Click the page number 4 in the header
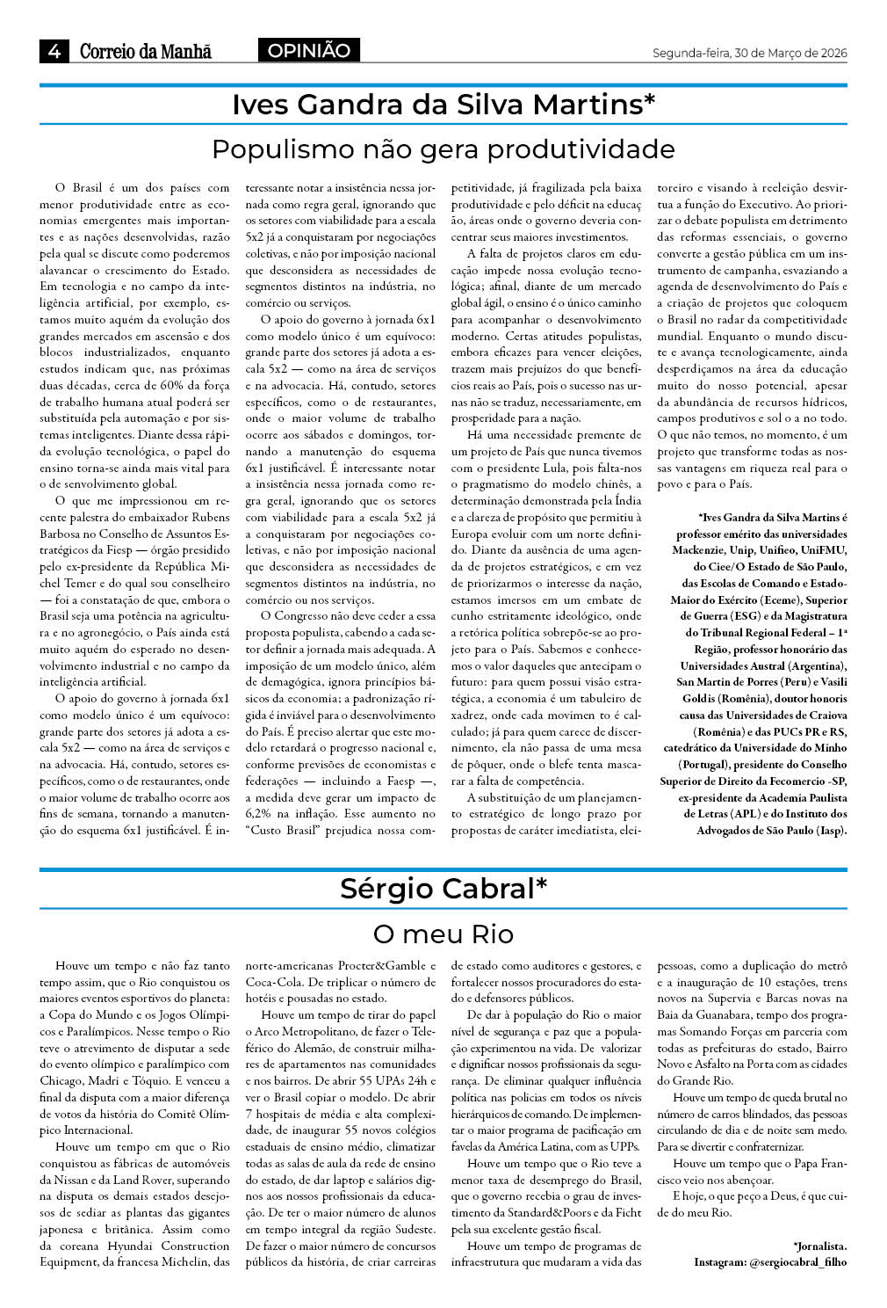click(54, 51)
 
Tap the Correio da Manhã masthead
click(146, 51)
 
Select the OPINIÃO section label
click(308, 51)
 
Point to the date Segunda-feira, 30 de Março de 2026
click(749, 54)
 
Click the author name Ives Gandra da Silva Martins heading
click(443, 105)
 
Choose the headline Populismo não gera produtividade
click(443, 149)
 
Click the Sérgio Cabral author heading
click(443, 889)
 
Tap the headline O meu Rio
click(443, 933)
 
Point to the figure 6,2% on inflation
click(259, 814)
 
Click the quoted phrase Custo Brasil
click(283, 831)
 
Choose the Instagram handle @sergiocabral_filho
click(797, 1262)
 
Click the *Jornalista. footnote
click(819, 1246)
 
